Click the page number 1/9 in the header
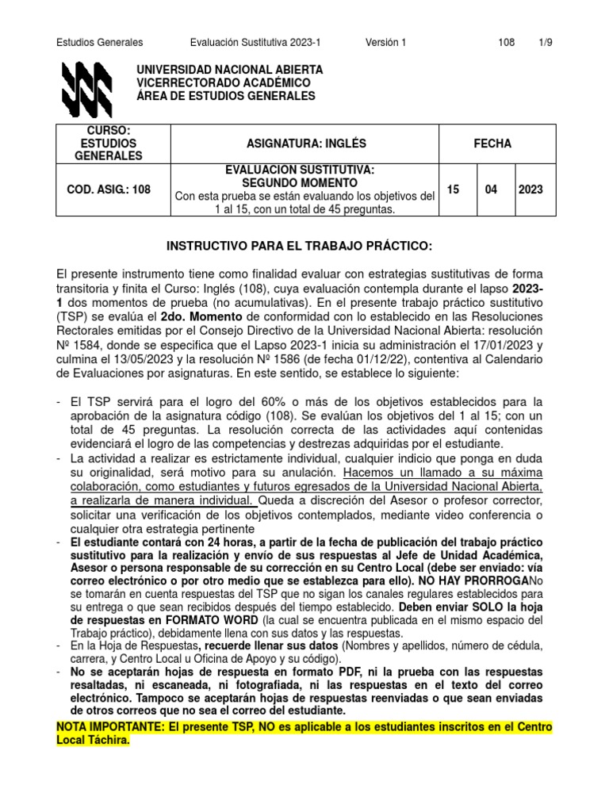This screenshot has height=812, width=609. click(x=545, y=42)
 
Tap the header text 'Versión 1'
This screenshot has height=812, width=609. click(x=385, y=42)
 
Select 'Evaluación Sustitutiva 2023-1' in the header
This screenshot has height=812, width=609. click(x=255, y=42)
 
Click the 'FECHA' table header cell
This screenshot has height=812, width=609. click(x=492, y=144)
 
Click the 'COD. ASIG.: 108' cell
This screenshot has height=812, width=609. click(x=105, y=190)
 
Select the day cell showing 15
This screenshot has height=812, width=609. click(x=454, y=190)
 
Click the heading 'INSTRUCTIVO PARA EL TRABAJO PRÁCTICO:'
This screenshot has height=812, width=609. click(x=304, y=247)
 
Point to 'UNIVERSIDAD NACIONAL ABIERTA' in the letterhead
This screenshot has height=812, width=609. click(x=230, y=71)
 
